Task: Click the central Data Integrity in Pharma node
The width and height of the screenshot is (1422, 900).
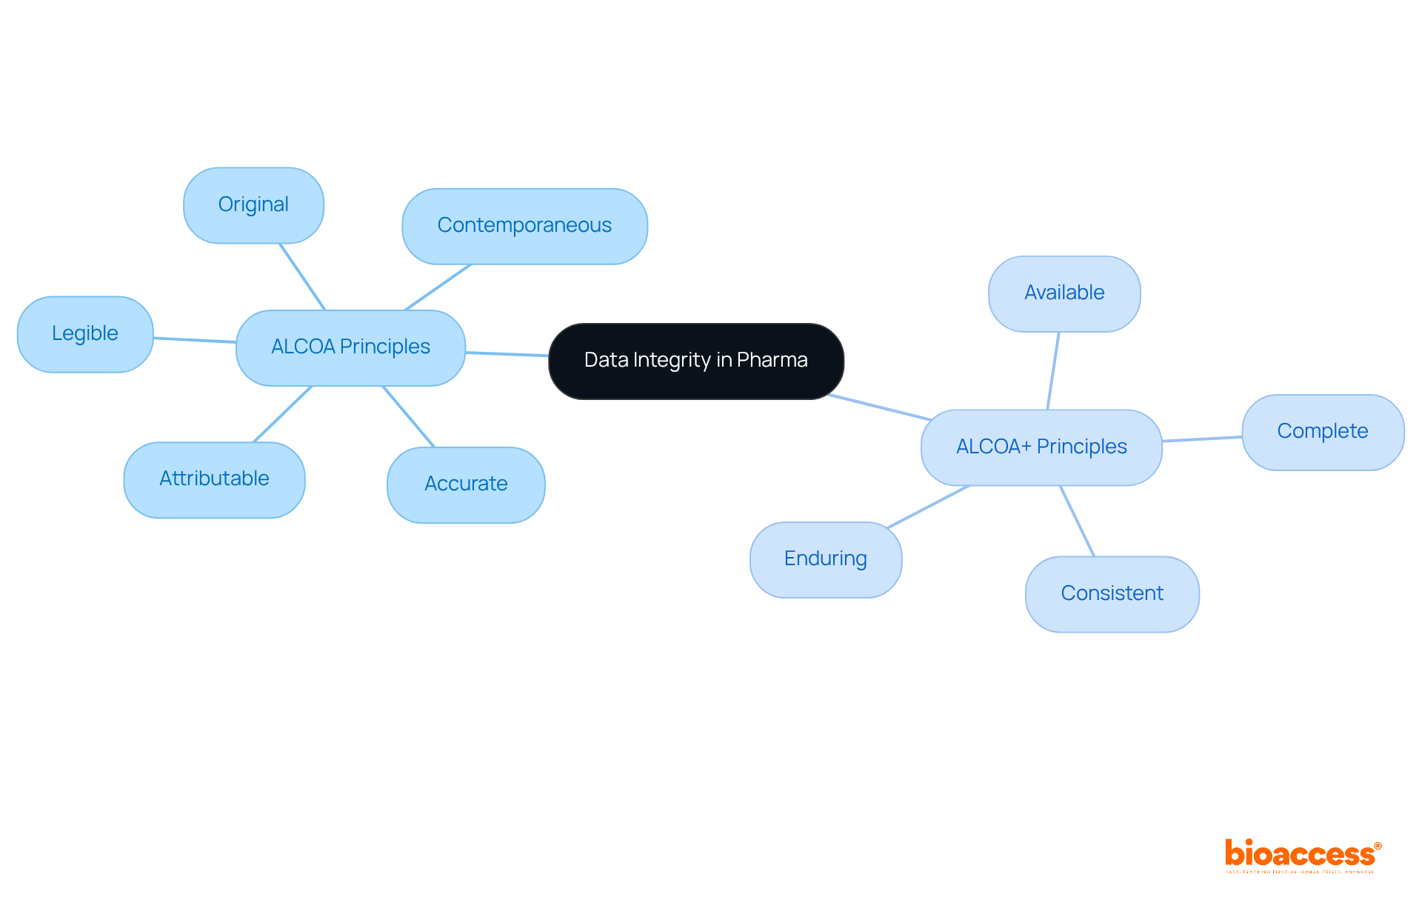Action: pyautogui.click(x=695, y=361)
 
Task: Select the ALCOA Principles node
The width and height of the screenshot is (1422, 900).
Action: pyautogui.click(x=350, y=347)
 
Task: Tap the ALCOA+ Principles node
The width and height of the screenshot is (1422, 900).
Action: pyautogui.click(x=1041, y=447)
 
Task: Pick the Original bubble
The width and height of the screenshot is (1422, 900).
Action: pyautogui.click(x=253, y=205)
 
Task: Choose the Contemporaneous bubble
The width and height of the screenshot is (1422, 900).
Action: pyautogui.click(x=524, y=226)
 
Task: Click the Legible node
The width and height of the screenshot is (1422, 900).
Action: pyautogui.click(x=85, y=334)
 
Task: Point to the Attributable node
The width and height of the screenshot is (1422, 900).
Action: pyautogui.click(x=214, y=479)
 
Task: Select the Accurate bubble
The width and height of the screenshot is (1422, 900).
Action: pyautogui.click(x=466, y=484)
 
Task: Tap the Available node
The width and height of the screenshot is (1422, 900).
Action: pyautogui.click(x=1064, y=293)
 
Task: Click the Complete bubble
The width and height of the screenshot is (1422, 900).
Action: pyautogui.click(x=1323, y=432)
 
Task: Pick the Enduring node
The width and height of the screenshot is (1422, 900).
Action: pyautogui.click(x=826, y=559)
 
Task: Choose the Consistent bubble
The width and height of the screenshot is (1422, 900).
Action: pyautogui.click(x=1112, y=594)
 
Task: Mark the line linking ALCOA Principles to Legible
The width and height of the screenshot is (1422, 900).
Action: pyautogui.click(x=195, y=340)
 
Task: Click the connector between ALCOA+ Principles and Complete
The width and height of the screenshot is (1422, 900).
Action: pyautogui.click(x=1202, y=439)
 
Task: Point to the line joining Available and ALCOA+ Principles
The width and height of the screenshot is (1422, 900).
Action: pyautogui.click(x=1053, y=370)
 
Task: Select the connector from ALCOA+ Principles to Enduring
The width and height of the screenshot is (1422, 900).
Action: pyautogui.click(x=928, y=507)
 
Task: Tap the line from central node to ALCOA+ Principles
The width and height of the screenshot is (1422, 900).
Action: pyautogui.click(x=880, y=407)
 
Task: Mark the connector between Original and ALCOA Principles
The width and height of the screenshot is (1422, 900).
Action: pyautogui.click(x=302, y=276)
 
